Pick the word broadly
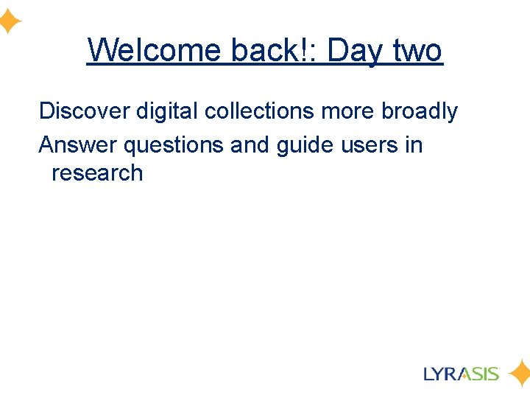point(420,112)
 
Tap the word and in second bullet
point(250,144)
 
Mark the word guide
point(305,145)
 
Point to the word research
point(97,173)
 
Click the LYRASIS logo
point(462,373)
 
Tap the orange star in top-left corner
point(10,23)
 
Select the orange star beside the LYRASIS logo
point(519,373)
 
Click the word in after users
point(414,144)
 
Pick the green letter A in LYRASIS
point(467,374)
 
